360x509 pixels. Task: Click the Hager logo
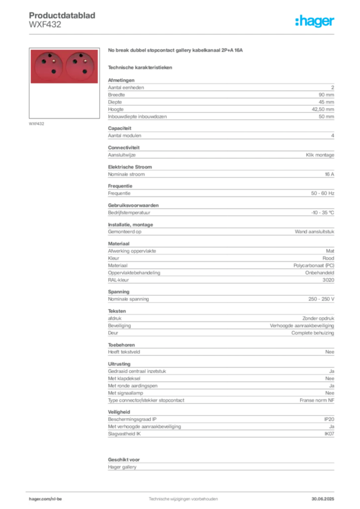315,21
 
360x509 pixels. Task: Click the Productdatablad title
62,15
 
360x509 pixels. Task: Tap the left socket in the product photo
49,66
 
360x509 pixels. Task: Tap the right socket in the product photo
80,66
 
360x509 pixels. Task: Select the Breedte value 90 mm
326,95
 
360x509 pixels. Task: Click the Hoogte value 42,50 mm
323,109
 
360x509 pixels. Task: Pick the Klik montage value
320,155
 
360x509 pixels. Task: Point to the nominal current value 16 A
330,174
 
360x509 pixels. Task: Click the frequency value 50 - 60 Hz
323,193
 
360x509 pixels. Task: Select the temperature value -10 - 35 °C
323,213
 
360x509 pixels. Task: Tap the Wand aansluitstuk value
315,232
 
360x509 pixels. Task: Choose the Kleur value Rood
328,258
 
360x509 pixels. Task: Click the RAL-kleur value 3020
328,280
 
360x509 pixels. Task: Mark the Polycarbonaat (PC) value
314,265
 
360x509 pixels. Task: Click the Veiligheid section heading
119,412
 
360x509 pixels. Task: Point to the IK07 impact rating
329,433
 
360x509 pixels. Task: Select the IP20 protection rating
329,419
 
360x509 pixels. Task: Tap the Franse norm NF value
317,400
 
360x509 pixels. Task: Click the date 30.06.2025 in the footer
323,499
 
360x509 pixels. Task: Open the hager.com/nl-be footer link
45,499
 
